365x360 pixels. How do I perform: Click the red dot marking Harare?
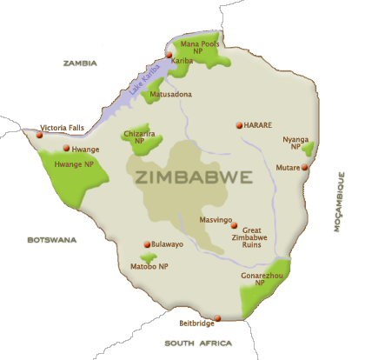[x=239, y=125]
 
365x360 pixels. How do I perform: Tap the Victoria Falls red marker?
[x=40, y=135]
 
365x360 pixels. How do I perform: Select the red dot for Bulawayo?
[x=147, y=244]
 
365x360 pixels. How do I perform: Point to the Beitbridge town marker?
[x=217, y=318]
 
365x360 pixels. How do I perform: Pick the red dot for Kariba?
[x=169, y=55]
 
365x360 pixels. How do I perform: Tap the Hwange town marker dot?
[x=66, y=149]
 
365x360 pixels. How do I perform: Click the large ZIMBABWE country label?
[x=195, y=177]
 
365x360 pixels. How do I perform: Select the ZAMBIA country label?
[x=81, y=63]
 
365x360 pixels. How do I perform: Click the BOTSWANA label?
[x=51, y=239]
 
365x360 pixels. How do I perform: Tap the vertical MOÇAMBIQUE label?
[x=340, y=201]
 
